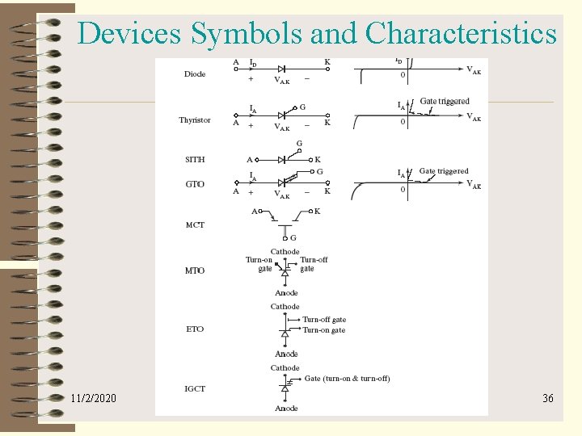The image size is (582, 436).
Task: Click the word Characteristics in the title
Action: click(x=461, y=33)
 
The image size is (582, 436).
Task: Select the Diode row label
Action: click(x=195, y=74)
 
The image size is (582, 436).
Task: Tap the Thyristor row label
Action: click(x=195, y=120)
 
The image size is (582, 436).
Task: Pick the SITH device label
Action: click(x=195, y=160)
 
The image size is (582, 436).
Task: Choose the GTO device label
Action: click(x=195, y=184)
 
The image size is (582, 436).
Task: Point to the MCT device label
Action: click(x=195, y=224)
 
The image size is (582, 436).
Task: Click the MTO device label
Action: click(x=195, y=270)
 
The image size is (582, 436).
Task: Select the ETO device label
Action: click(x=195, y=329)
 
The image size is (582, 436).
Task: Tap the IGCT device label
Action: click(x=195, y=388)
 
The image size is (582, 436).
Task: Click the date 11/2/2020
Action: click(x=93, y=398)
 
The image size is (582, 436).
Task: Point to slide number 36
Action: click(x=547, y=398)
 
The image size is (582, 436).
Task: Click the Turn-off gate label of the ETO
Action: click(x=324, y=320)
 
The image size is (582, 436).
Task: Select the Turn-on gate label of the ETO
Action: click(x=323, y=329)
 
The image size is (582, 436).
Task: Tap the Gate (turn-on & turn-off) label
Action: click(x=347, y=378)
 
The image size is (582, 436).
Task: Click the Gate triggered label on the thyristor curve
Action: click(x=445, y=102)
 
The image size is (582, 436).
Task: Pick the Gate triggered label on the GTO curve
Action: click(x=444, y=171)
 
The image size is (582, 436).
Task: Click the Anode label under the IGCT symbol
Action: click(x=286, y=409)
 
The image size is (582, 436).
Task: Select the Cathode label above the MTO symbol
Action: click(x=285, y=252)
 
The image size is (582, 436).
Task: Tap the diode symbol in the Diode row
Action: click(x=282, y=69)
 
